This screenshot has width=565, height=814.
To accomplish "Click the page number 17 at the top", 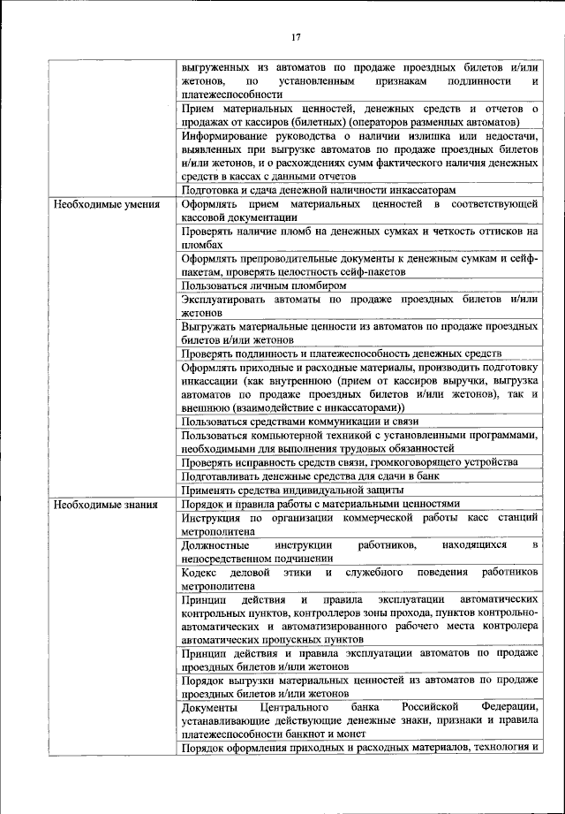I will tap(296, 36).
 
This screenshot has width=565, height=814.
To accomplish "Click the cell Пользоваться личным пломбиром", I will tap(263, 285).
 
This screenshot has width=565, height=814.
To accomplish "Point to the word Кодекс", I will tap(202, 573).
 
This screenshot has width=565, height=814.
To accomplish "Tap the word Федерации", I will tap(509, 707).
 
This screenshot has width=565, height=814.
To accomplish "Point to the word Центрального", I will tap(304, 707).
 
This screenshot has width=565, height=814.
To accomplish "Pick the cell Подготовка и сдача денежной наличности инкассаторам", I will tap(319, 190).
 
